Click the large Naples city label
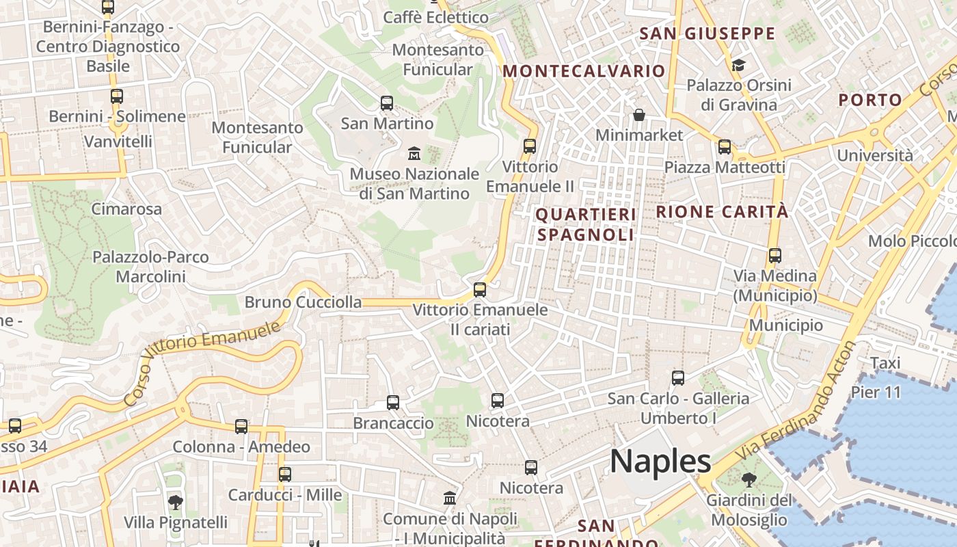[x=660, y=462]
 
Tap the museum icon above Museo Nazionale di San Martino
[x=414, y=154]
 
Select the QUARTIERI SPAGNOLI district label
[x=585, y=224]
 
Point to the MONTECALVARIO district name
[x=584, y=71]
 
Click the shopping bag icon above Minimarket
[x=638, y=115]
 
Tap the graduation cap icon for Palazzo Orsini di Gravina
[x=738, y=66]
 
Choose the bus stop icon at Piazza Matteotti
[x=725, y=147]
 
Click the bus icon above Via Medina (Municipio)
[x=774, y=256]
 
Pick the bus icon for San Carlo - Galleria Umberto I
[x=677, y=378]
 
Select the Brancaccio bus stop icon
[x=393, y=403]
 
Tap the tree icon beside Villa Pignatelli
[x=175, y=503]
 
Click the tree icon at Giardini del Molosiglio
[x=749, y=479]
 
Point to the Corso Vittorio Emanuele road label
[x=202, y=364]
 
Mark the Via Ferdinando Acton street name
[x=796, y=403]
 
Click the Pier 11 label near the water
[x=876, y=392]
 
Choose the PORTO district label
[x=870, y=100]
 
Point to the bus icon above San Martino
[x=387, y=103]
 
